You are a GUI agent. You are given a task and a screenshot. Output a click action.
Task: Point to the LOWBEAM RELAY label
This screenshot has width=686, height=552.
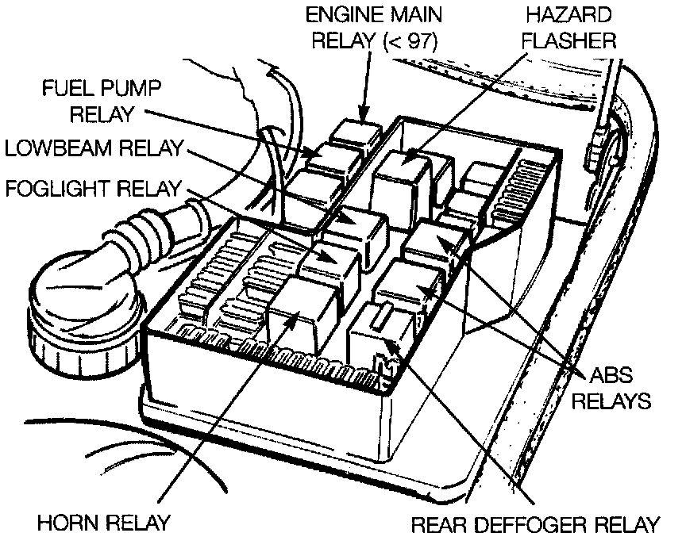point(94,148)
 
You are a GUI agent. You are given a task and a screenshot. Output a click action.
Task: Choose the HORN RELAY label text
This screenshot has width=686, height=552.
point(105,523)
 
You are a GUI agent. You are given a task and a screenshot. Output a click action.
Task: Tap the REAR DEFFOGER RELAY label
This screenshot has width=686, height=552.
point(535,524)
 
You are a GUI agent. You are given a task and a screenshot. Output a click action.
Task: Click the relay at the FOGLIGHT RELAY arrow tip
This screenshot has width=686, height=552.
point(330,261)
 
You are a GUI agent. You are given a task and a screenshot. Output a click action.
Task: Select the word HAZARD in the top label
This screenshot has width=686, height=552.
point(565,14)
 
